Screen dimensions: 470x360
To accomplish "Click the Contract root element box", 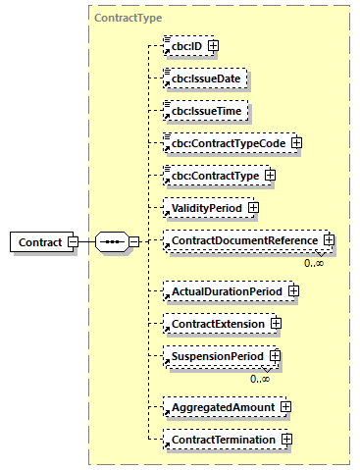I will (x=38, y=241).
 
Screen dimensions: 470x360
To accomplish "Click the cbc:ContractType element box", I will (x=210, y=176).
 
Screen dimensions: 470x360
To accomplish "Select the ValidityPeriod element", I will (x=202, y=208).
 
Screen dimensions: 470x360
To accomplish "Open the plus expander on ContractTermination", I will (x=286, y=439).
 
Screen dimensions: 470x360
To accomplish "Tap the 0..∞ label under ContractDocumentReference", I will (x=314, y=264).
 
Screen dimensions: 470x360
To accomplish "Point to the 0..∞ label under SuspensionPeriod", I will (x=260, y=379).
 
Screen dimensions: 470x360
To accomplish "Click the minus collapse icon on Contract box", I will (x=73, y=241).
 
